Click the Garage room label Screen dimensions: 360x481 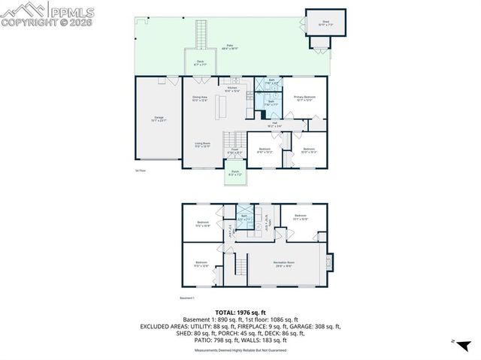coord(159,119)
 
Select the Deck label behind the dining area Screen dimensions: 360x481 coord(201,63)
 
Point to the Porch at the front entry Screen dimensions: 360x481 coord(235,174)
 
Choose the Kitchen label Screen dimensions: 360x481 coord(233,89)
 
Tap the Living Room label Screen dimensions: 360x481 coord(202,144)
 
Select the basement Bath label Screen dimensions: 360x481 coord(244,217)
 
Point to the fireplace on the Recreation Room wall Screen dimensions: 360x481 coord(326,262)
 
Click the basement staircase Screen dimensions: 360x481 coord(241,265)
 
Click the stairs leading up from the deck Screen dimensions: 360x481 coord(201,34)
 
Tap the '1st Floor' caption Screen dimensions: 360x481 coord(140,171)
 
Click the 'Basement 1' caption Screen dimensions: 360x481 coord(187,298)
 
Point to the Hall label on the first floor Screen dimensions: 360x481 coord(276,125)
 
